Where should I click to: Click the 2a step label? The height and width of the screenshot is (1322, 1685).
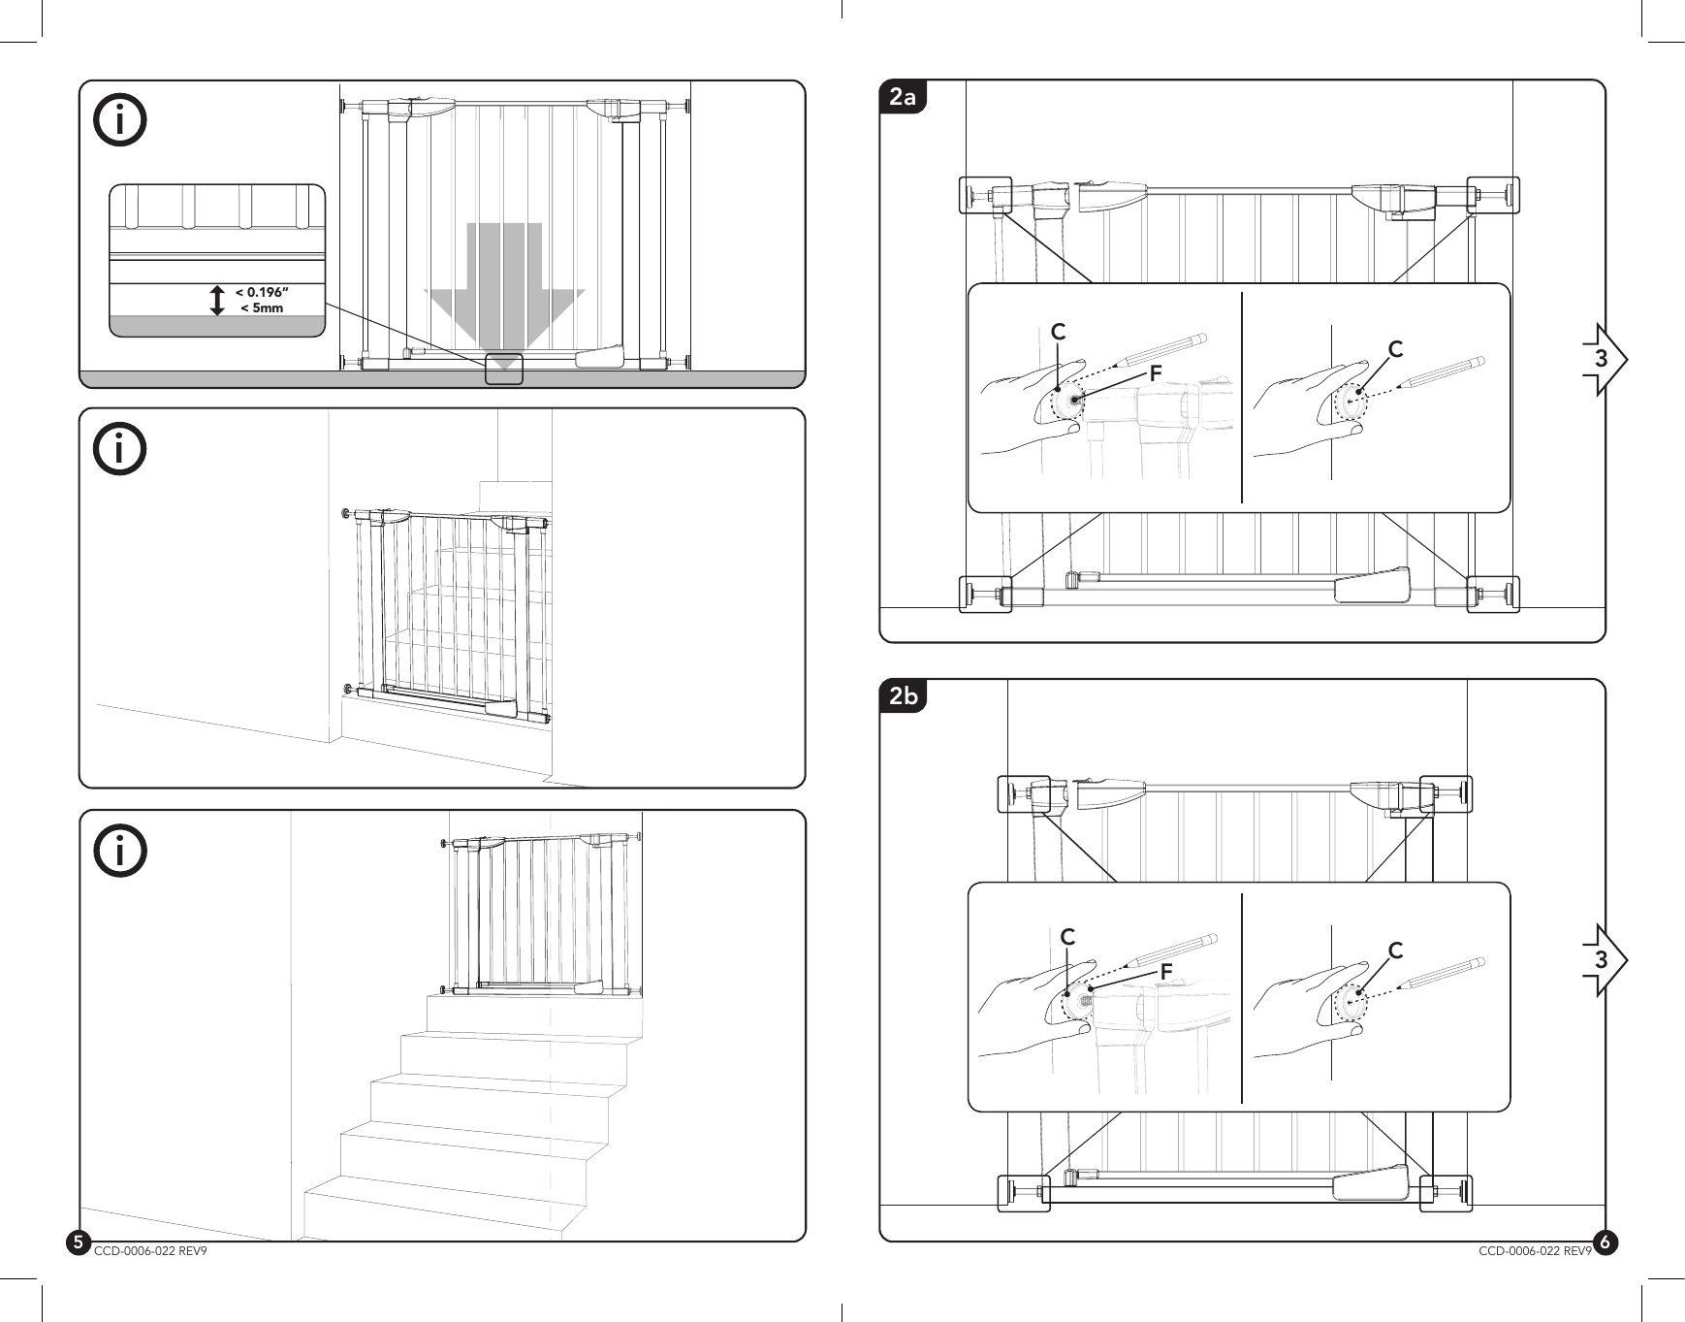point(903,98)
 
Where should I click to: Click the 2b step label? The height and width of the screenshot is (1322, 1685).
point(904,696)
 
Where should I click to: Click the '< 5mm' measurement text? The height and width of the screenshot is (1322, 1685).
point(262,308)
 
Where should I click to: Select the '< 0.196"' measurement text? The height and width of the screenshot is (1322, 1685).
point(263,292)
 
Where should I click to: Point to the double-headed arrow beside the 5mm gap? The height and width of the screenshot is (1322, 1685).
point(217,300)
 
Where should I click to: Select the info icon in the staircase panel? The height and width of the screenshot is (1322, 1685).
point(120,850)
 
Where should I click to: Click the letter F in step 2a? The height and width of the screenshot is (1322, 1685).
point(1155,372)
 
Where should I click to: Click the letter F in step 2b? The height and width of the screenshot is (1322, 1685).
point(1166,970)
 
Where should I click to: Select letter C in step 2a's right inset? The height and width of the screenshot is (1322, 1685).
point(1395,348)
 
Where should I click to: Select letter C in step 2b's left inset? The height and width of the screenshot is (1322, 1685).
point(1067,938)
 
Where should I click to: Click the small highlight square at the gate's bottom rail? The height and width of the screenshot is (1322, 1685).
point(504,370)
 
